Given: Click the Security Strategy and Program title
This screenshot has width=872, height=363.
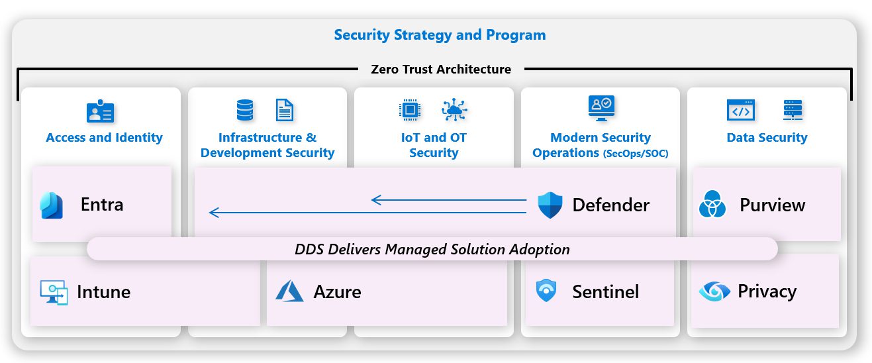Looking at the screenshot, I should [440, 35].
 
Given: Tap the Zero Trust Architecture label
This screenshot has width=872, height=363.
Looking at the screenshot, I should [441, 69].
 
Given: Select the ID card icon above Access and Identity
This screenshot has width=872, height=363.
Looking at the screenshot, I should [101, 111].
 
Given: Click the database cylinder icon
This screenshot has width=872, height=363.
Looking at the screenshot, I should [245, 110].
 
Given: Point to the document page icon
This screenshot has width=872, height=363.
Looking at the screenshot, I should [285, 110].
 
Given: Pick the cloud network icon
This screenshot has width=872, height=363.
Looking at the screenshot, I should [455, 110].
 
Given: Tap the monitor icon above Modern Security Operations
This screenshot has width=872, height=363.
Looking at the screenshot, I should [601, 108].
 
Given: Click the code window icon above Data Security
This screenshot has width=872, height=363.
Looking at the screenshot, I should [740, 111].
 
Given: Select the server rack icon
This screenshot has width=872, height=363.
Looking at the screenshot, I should [793, 110].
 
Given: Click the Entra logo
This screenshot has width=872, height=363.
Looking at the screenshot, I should [52, 205].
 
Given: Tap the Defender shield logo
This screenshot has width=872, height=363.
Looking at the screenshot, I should [550, 205].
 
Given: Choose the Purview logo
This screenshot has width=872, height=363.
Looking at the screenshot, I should [712, 205].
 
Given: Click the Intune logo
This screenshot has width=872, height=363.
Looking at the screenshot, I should [54, 292].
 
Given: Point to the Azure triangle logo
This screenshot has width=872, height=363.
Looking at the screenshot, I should [289, 291].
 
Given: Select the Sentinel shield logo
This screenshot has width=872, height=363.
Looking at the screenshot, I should [546, 291].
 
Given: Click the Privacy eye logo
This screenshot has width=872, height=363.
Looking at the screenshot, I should [714, 291].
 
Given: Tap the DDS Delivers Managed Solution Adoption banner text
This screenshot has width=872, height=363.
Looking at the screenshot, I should [432, 250].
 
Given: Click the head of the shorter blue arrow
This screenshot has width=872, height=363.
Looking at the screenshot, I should [375, 199].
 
